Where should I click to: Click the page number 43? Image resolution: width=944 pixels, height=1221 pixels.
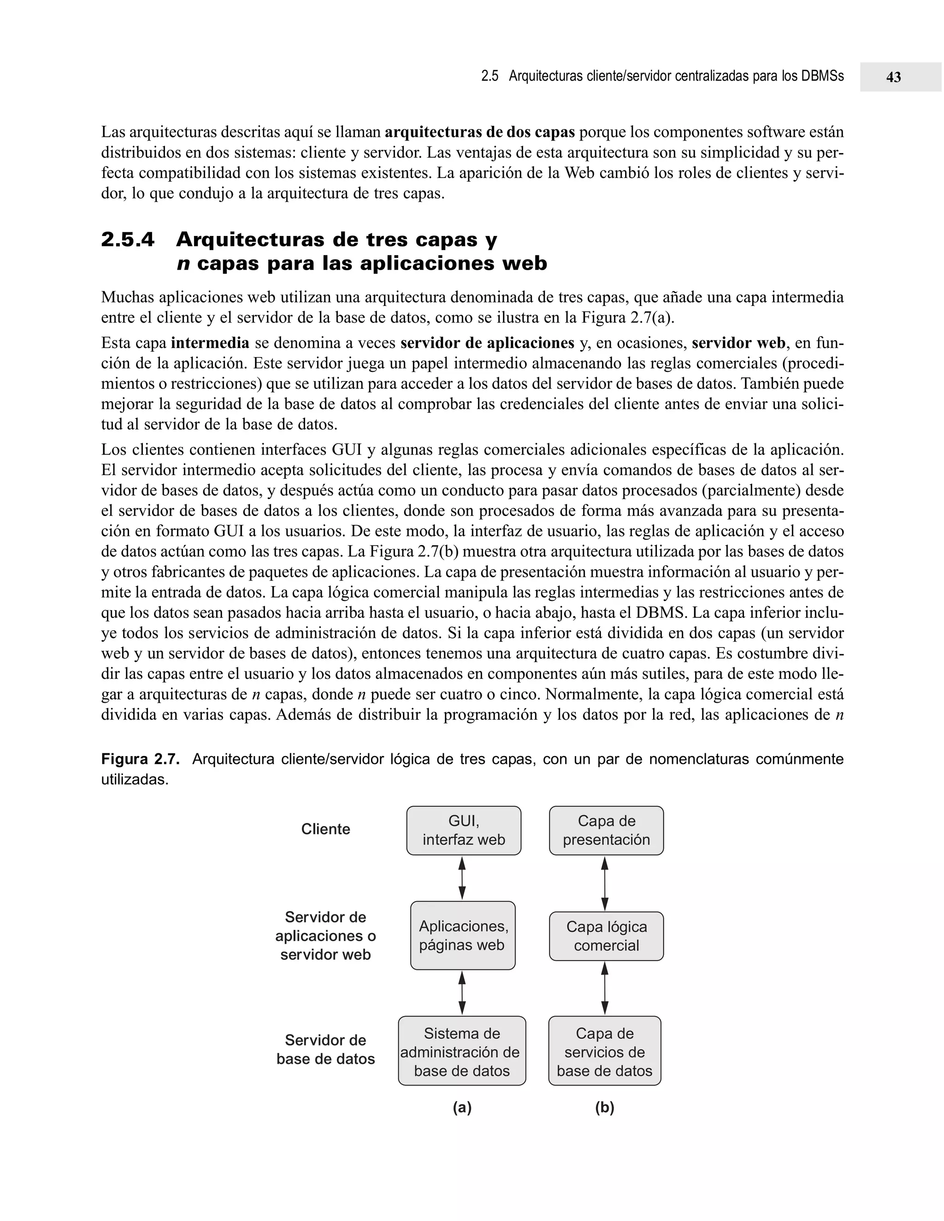coord(893,77)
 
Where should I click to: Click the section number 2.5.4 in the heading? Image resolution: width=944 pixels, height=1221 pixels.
coord(128,240)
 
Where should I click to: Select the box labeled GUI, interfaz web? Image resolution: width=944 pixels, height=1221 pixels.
coord(464,830)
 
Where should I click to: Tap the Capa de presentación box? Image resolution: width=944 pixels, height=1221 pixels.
coord(606,830)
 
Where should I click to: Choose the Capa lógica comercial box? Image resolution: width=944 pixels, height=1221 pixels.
coord(606,936)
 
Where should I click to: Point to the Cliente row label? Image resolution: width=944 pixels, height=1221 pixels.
coord(325,829)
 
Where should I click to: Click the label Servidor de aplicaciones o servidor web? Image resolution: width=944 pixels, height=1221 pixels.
coord(325,935)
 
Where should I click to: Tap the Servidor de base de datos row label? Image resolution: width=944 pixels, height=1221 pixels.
coord(325,1049)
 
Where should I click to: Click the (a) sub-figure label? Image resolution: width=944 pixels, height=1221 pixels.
coord(462,1108)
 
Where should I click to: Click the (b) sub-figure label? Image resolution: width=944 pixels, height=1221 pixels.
coord(605,1108)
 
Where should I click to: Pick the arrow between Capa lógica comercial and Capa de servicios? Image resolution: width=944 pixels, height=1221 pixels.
coord(605,988)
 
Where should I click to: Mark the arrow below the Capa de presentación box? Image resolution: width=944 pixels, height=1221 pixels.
coord(605,883)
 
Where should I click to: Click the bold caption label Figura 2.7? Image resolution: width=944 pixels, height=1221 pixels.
coord(140,759)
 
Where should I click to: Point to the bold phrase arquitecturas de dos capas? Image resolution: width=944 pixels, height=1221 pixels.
coord(480,133)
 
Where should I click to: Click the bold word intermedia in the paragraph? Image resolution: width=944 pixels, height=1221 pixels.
coord(210,343)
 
